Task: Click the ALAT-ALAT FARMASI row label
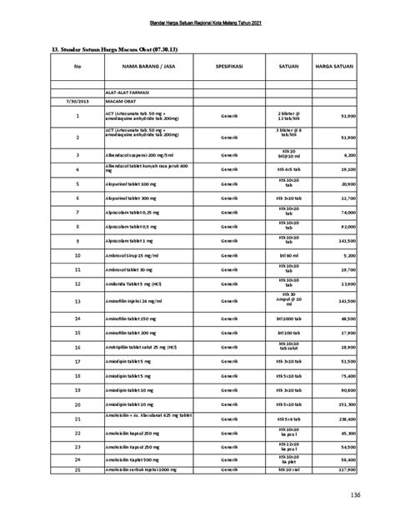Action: tap(123, 93)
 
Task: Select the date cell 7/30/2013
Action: tap(77, 102)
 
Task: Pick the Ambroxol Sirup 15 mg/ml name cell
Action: tap(132, 254)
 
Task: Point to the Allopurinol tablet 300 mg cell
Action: tap(132, 198)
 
